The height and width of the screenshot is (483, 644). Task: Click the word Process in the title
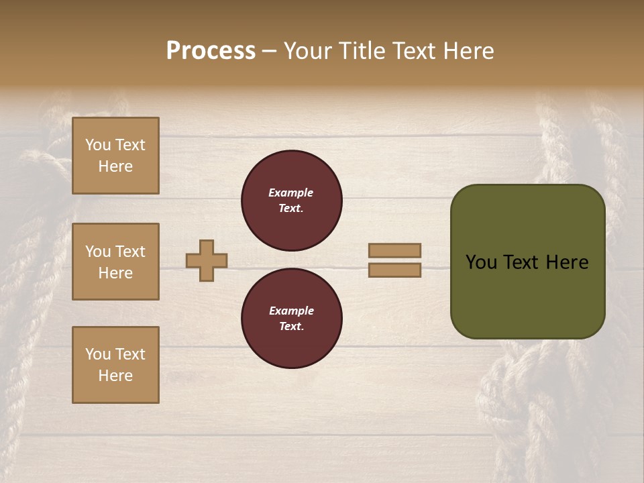pos(211,51)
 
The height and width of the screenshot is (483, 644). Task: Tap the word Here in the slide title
pos(467,51)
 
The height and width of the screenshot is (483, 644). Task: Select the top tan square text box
pos(115,156)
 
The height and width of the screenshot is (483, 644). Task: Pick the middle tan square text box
pos(115,262)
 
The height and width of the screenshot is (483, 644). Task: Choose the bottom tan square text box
pos(115,365)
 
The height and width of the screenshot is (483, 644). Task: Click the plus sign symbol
pos(207,260)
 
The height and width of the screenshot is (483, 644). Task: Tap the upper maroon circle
pos(291,201)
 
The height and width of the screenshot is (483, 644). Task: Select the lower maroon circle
pos(291,319)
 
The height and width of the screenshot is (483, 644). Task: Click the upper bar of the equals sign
pos(395,250)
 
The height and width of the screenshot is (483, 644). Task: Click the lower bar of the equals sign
pos(395,270)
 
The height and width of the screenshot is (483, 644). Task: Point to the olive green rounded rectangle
pos(527,295)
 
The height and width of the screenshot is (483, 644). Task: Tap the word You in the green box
pos(481,262)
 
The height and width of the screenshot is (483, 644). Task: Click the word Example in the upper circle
pos(291,193)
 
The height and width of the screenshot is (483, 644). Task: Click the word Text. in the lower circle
pos(291,327)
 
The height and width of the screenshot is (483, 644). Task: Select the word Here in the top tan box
pos(115,166)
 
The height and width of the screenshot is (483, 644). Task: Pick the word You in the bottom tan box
pos(97,354)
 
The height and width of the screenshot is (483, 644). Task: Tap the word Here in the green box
pos(566,262)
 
